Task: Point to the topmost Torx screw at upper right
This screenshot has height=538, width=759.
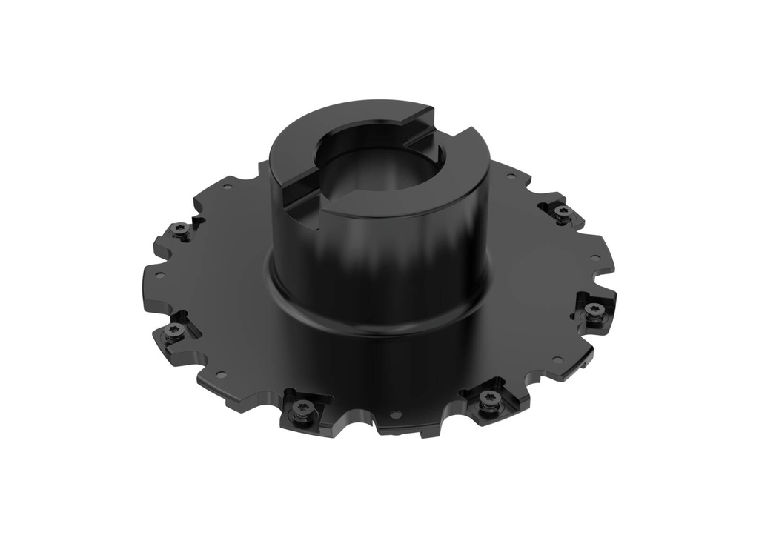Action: [x=563, y=213]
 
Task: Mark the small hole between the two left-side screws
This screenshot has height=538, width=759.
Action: [x=158, y=274]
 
